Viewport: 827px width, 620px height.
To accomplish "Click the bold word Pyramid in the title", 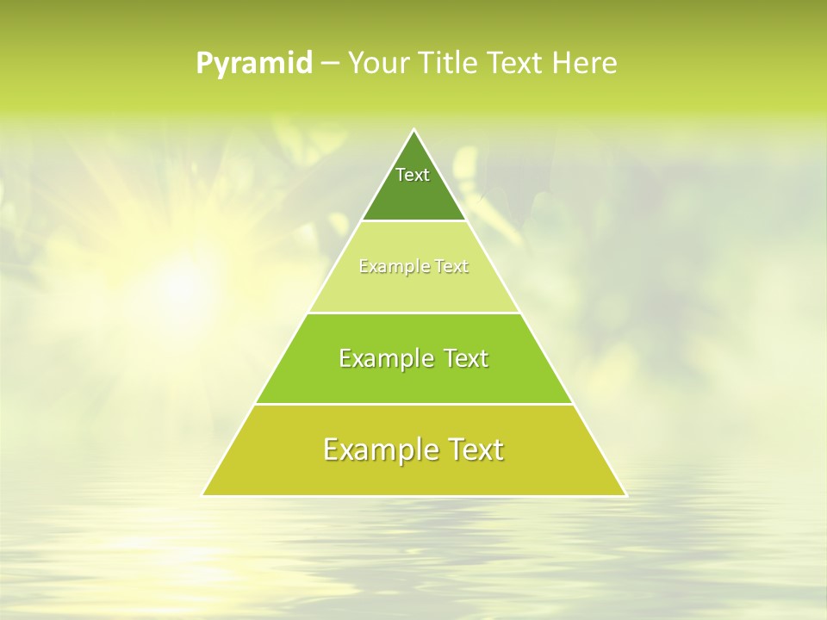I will tap(254, 64).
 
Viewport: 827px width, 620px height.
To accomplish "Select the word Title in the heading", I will tap(449, 64).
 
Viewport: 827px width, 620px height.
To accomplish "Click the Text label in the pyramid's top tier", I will tap(413, 175).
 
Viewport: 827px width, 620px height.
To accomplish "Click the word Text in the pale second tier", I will tap(451, 267).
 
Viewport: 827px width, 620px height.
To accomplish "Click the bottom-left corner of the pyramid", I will tap(203, 495).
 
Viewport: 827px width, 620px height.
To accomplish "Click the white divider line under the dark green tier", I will tap(413, 221).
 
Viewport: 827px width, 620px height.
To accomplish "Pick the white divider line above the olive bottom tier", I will tap(413, 404).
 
